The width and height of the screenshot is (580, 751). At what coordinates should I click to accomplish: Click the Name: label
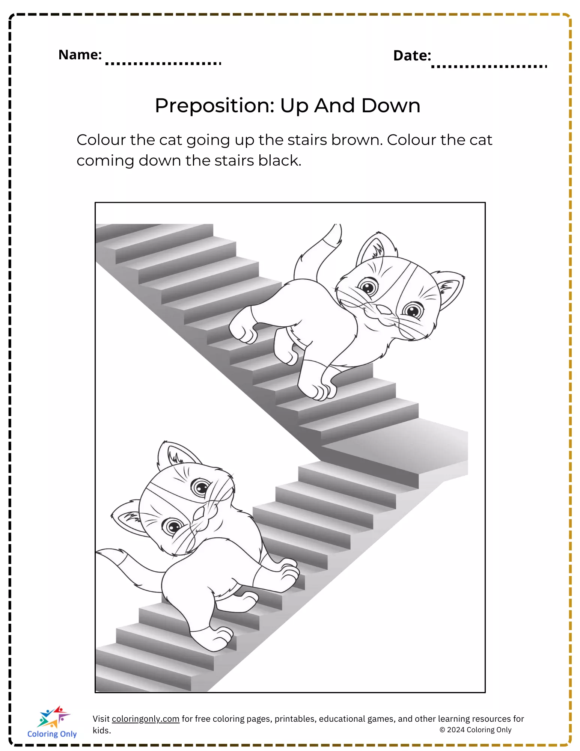80,55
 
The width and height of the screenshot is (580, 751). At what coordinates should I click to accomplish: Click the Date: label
412,56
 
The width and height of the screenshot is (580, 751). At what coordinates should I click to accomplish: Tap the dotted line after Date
489,66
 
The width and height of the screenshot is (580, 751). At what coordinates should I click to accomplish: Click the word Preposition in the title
215,106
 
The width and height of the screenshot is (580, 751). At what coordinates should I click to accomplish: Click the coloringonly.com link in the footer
146,719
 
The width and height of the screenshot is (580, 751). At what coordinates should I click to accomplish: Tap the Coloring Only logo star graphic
54,717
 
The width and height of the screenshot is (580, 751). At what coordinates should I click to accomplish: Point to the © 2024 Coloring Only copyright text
475,730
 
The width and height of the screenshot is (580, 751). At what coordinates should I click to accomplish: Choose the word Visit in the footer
101,719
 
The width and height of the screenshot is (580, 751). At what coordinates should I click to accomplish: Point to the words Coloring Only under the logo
52,734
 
